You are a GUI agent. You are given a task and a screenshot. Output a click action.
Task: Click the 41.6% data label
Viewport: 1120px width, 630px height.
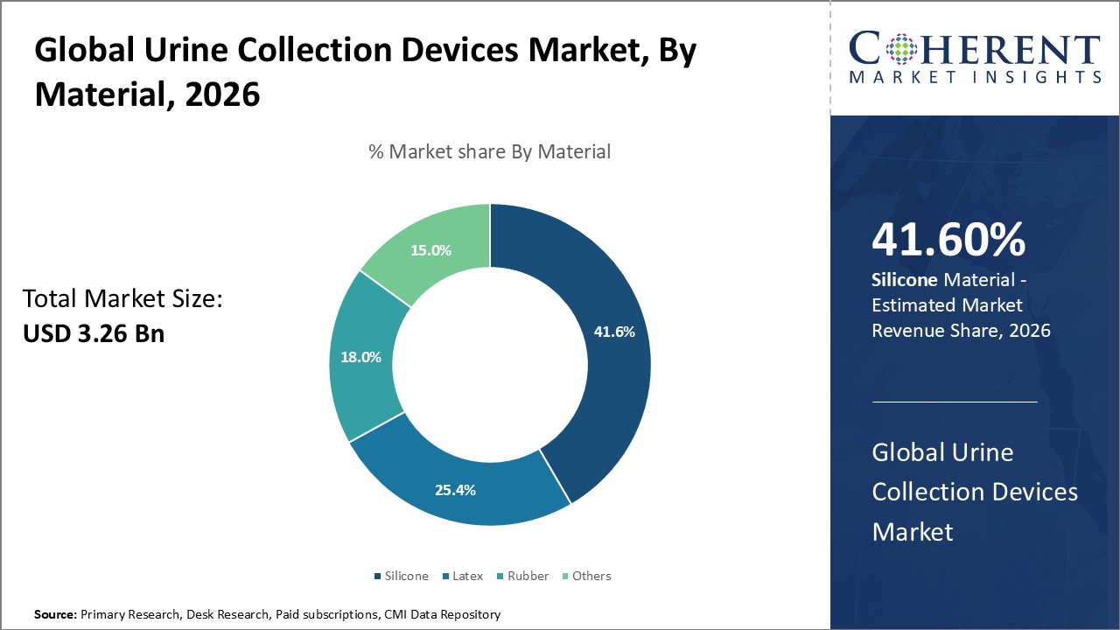pos(613,332)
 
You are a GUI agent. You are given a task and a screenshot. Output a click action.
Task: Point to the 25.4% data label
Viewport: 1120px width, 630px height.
pos(455,490)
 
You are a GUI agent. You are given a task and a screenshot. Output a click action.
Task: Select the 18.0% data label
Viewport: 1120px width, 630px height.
pos(360,357)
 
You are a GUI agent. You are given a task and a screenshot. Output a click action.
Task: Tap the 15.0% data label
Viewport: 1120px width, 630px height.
pos(431,250)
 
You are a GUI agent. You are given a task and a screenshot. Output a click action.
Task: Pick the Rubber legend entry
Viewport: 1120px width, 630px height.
pos(528,576)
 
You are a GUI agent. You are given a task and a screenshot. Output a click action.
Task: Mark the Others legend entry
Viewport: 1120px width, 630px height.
pos(591,576)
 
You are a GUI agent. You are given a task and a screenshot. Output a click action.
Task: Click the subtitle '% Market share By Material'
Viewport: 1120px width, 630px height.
pos(489,151)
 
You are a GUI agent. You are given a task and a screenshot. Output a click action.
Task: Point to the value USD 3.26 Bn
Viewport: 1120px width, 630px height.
pos(94,333)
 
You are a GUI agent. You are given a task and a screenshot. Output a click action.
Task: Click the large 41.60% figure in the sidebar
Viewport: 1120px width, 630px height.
pos(948,241)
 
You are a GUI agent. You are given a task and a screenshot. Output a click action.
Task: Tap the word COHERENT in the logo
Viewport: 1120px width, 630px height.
pos(975,49)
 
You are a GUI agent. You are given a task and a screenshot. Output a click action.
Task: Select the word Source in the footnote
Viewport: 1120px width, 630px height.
pos(54,614)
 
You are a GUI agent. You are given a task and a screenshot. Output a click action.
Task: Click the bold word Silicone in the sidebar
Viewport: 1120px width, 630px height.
pos(906,280)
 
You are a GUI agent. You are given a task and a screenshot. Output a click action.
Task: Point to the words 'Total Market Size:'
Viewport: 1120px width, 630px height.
pos(122,299)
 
